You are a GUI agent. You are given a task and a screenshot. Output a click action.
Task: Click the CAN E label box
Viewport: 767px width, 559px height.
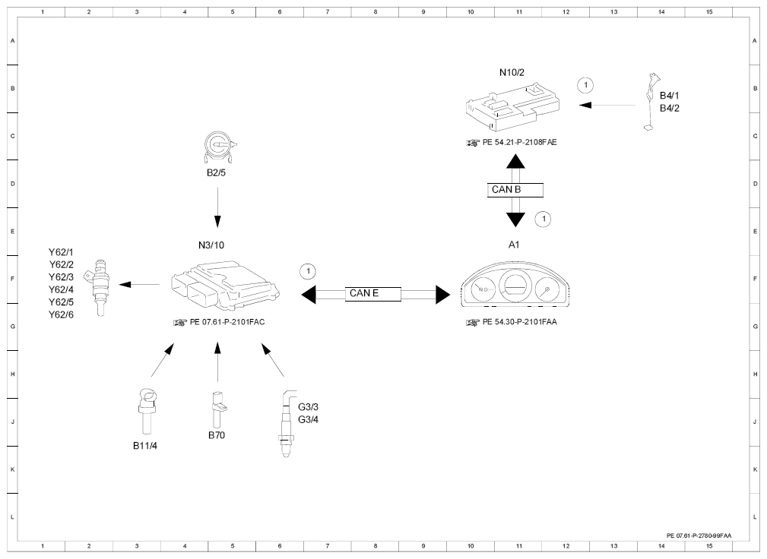pos(372,294)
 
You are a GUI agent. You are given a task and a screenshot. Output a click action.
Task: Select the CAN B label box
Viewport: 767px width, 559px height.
pos(515,190)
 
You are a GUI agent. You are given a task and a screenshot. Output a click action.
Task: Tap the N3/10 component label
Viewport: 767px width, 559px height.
pos(211,245)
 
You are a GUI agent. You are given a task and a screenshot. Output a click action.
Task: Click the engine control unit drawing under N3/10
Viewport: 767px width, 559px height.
pos(226,286)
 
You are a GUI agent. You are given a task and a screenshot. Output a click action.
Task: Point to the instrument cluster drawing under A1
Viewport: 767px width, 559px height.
pos(515,286)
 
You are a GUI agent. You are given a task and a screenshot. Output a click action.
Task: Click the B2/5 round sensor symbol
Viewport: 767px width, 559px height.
pos(219,147)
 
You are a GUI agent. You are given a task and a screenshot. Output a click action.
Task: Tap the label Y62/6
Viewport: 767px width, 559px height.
pos(61,315)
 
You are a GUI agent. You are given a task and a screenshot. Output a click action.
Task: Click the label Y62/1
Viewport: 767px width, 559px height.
pos(61,253)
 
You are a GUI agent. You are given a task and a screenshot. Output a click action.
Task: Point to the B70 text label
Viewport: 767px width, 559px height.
pos(217,435)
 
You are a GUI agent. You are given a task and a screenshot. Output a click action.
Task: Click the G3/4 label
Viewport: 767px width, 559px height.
pos(308,420)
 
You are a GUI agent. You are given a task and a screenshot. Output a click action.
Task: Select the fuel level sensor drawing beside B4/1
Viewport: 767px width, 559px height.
pos(651,103)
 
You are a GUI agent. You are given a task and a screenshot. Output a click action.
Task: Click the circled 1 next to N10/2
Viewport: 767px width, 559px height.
pos(585,86)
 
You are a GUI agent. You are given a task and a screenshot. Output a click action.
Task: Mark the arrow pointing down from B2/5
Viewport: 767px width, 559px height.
pos(217,207)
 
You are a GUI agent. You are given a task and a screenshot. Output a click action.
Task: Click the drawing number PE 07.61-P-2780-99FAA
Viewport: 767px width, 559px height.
pos(699,536)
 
